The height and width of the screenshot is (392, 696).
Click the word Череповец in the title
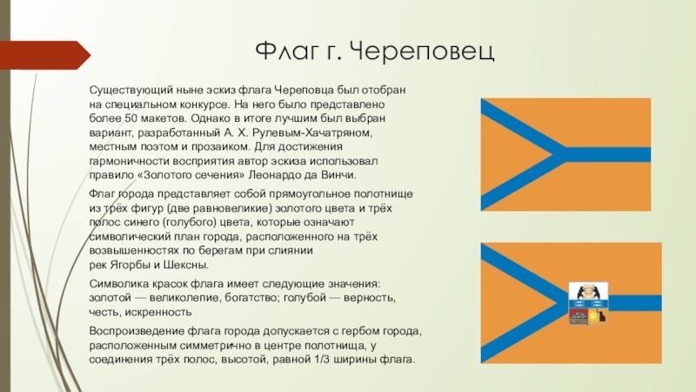click(x=421, y=51)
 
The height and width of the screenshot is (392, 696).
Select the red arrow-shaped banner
click(x=45, y=55)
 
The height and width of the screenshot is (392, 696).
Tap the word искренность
click(x=158, y=312)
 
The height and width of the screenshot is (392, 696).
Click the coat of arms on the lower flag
click(x=589, y=302)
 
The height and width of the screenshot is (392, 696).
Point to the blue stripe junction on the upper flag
click(x=561, y=155)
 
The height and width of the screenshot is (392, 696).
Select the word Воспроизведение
click(x=137, y=331)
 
